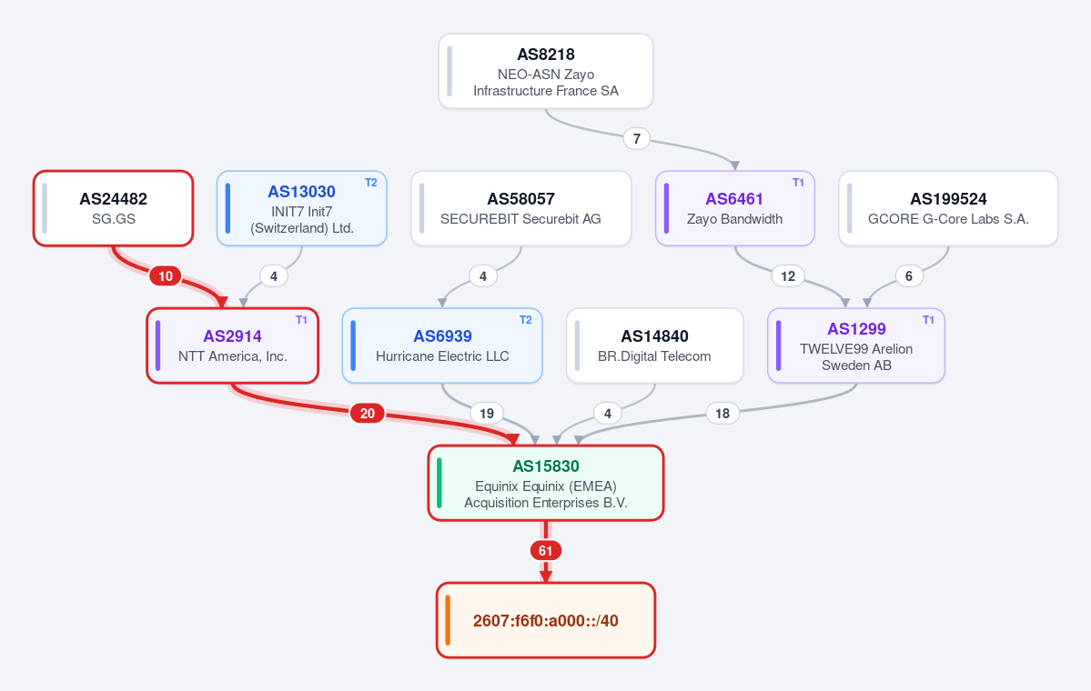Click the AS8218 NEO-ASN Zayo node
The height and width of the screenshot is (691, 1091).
tap(546, 72)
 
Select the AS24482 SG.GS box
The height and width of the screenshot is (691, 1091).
tap(114, 208)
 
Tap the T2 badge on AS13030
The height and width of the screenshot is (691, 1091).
tap(371, 183)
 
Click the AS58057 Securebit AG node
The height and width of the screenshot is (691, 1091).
tap(521, 208)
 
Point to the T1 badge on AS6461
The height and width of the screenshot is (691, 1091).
tap(798, 183)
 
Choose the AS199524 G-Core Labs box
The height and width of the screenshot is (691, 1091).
tap(948, 208)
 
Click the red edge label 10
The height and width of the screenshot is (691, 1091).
tap(166, 276)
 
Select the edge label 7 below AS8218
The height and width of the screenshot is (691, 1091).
tap(637, 139)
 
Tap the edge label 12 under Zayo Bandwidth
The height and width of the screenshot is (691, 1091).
tap(788, 276)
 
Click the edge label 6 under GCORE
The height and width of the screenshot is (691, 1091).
tap(909, 276)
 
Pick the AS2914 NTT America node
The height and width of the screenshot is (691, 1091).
tap(232, 345)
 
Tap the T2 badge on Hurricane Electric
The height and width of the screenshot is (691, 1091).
tap(525, 320)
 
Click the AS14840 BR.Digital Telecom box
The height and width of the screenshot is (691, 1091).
tap(655, 345)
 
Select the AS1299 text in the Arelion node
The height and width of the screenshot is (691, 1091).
tap(856, 329)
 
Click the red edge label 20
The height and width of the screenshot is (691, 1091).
tap(368, 414)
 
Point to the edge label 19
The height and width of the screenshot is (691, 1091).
tap(487, 414)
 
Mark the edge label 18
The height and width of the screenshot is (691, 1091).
tap(722, 414)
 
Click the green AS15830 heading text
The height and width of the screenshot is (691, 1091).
tap(546, 466)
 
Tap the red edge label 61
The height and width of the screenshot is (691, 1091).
tap(546, 551)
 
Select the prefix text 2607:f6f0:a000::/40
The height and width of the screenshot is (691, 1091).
tap(546, 621)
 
